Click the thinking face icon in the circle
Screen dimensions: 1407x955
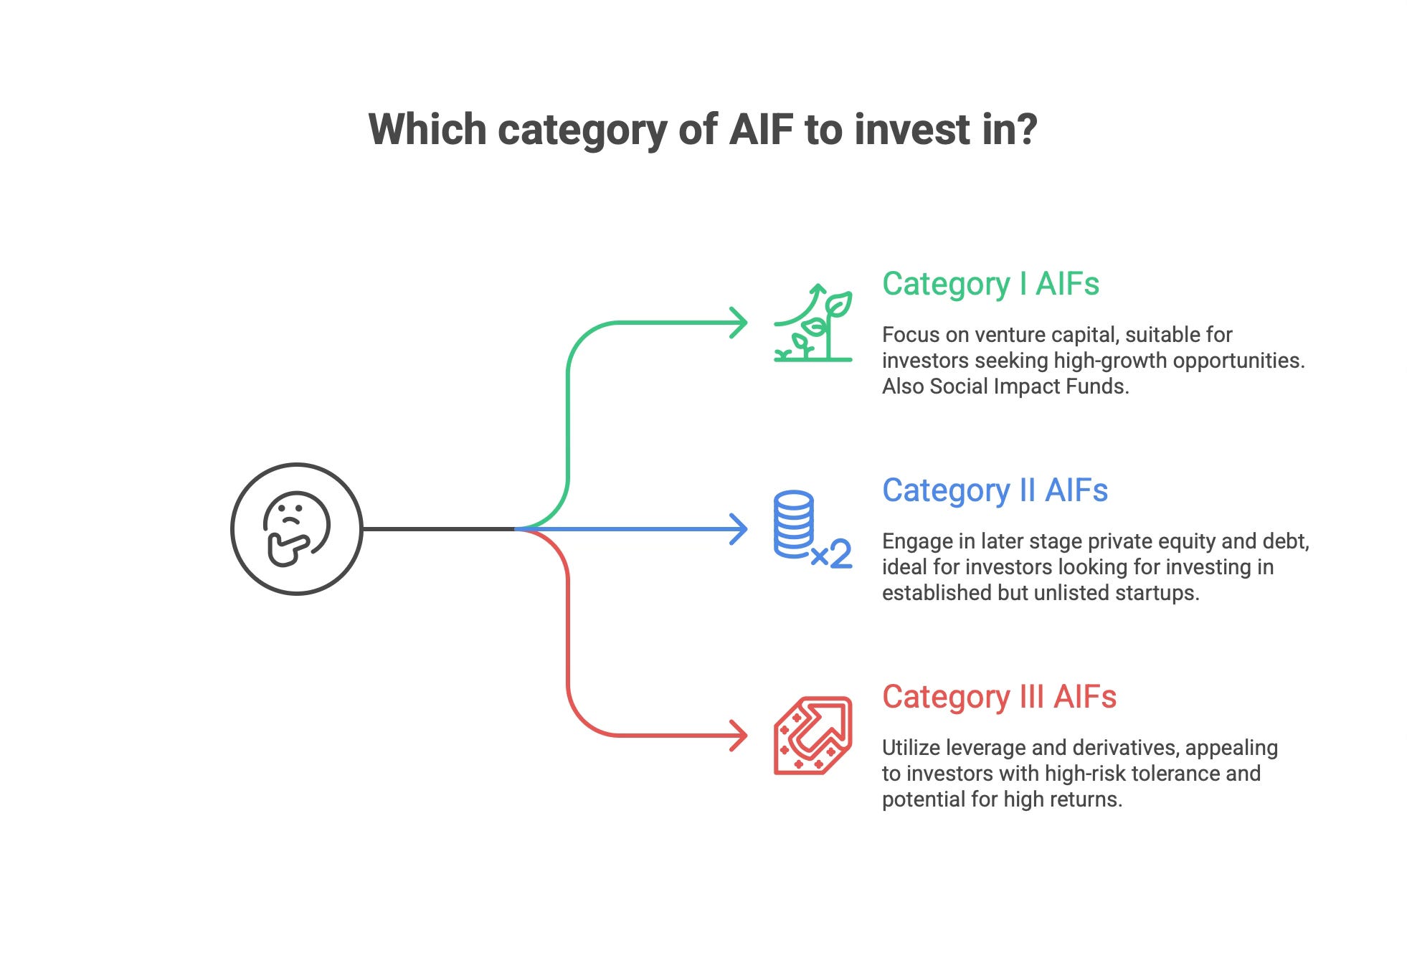(x=296, y=529)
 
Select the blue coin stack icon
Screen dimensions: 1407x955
(x=794, y=524)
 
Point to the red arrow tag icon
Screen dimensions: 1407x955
(x=813, y=736)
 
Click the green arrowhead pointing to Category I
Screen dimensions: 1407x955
(x=738, y=323)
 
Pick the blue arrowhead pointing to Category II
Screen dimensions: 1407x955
(x=738, y=529)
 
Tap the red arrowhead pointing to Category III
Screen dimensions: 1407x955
(x=738, y=736)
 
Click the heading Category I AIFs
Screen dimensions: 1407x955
(x=990, y=285)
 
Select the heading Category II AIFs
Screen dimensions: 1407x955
(x=995, y=491)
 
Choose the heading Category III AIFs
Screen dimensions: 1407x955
(x=999, y=698)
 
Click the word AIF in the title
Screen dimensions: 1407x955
(x=762, y=130)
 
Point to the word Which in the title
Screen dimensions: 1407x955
(x=427, y=130)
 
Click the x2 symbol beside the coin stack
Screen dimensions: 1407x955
(x=832, y=553)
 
